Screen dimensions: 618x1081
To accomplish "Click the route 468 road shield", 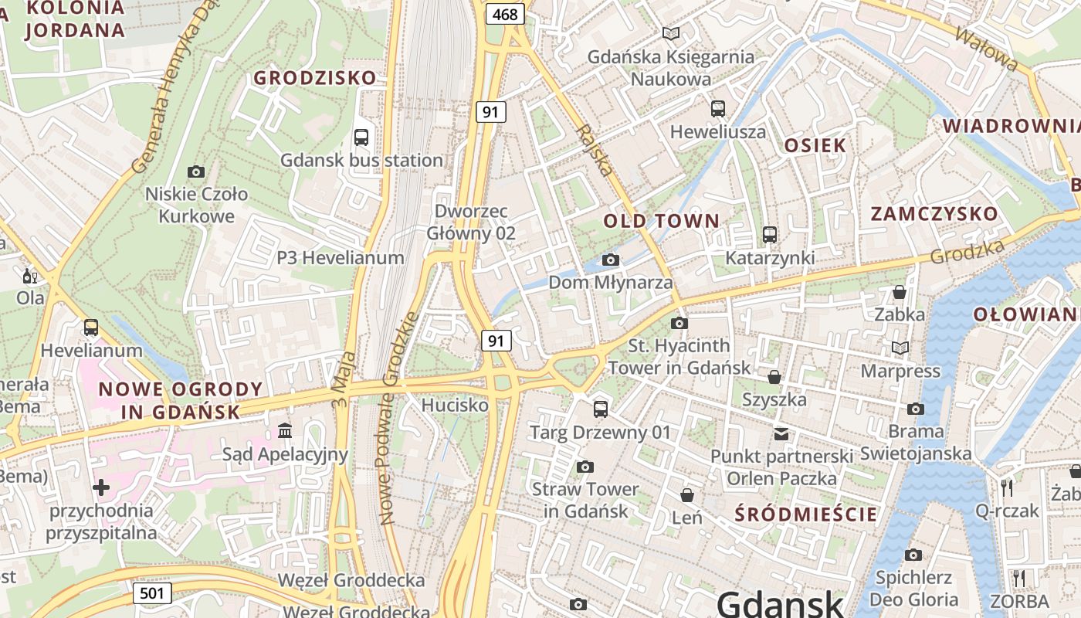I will pyautogui.click(x=505, y=14).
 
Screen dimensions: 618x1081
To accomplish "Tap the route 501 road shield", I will pyautogui.click(x=152, y=593).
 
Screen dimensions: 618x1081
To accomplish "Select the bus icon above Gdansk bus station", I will pyautogui.click(x=361, y=138).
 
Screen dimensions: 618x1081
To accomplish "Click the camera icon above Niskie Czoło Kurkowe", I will pyautogui.click(x=196, y=171).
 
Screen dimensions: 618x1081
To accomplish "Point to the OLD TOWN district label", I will pyautogui.click(x=661, y=221).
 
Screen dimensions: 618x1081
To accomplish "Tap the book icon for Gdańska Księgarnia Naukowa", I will pyautogui.click(x=671, y=34).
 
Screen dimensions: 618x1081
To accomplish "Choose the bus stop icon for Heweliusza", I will pyautogui.click(x=718, y=108).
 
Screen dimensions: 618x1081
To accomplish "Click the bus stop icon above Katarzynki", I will pyautogui.click(x=769, y=235).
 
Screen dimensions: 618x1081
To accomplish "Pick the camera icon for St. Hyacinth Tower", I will pyautogui.click(x=679, y=323).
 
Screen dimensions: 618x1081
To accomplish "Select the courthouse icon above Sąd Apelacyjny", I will pyautogui.click(x=285, y=430).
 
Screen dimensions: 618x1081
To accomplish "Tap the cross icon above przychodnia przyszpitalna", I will pyautogui.click(x=101, y=487).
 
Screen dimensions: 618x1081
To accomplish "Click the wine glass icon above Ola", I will pyautogui.click(x=30, y=276).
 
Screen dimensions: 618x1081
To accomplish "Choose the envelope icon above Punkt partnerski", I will pyautogui.click(x=781, y=434).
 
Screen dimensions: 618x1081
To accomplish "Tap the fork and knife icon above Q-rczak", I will pyautogui.click(x=1006, y=487).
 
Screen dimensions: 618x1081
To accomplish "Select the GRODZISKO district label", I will pyautogui.click(x=315, y=78).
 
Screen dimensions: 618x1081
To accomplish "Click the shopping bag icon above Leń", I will pyautogui.click(x=686, y=494).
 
